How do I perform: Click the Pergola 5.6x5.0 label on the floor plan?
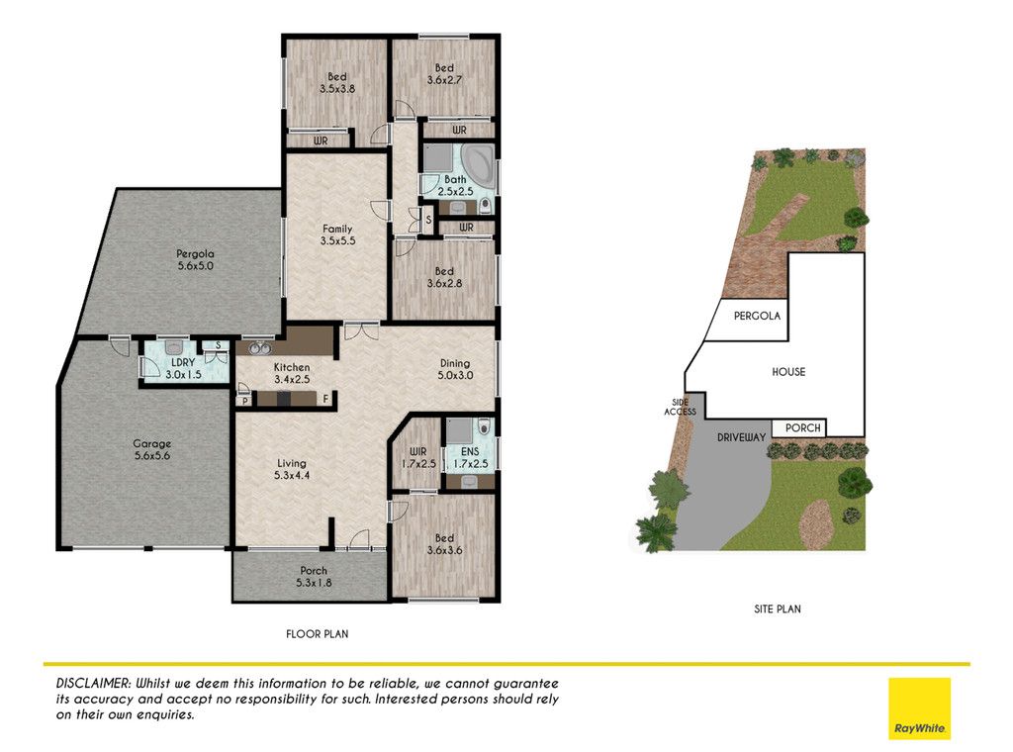[x=195, y=259]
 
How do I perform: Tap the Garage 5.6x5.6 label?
[x=152, y=449]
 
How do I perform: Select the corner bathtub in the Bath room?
[x=478, y=164]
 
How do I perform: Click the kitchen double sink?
[x=260, y=348]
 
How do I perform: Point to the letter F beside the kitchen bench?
[x=326, y=400]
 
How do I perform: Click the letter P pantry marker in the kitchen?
[x=245, y=401]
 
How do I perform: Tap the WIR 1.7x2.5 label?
[x=418, y=458]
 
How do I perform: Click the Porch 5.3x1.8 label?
[x=314, y=577]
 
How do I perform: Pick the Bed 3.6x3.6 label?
[x=444, y=544]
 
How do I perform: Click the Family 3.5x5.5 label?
[x=337, y=235]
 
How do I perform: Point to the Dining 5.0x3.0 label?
[x=455, y=369]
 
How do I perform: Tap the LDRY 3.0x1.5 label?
[x=183, y=368]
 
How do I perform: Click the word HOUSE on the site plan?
[x=788, y=372]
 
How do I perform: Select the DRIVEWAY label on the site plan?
[x=742, y=437]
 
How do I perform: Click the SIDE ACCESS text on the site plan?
[x=681, y=407]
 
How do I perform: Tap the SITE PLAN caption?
[x=778, y=609]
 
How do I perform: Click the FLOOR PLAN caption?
[x=318, y=634]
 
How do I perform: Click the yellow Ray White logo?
[x=919, y=708]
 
